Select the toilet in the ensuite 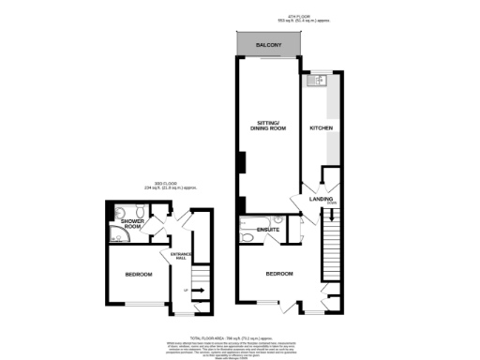246,238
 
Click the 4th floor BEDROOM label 279,274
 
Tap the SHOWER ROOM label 131,224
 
